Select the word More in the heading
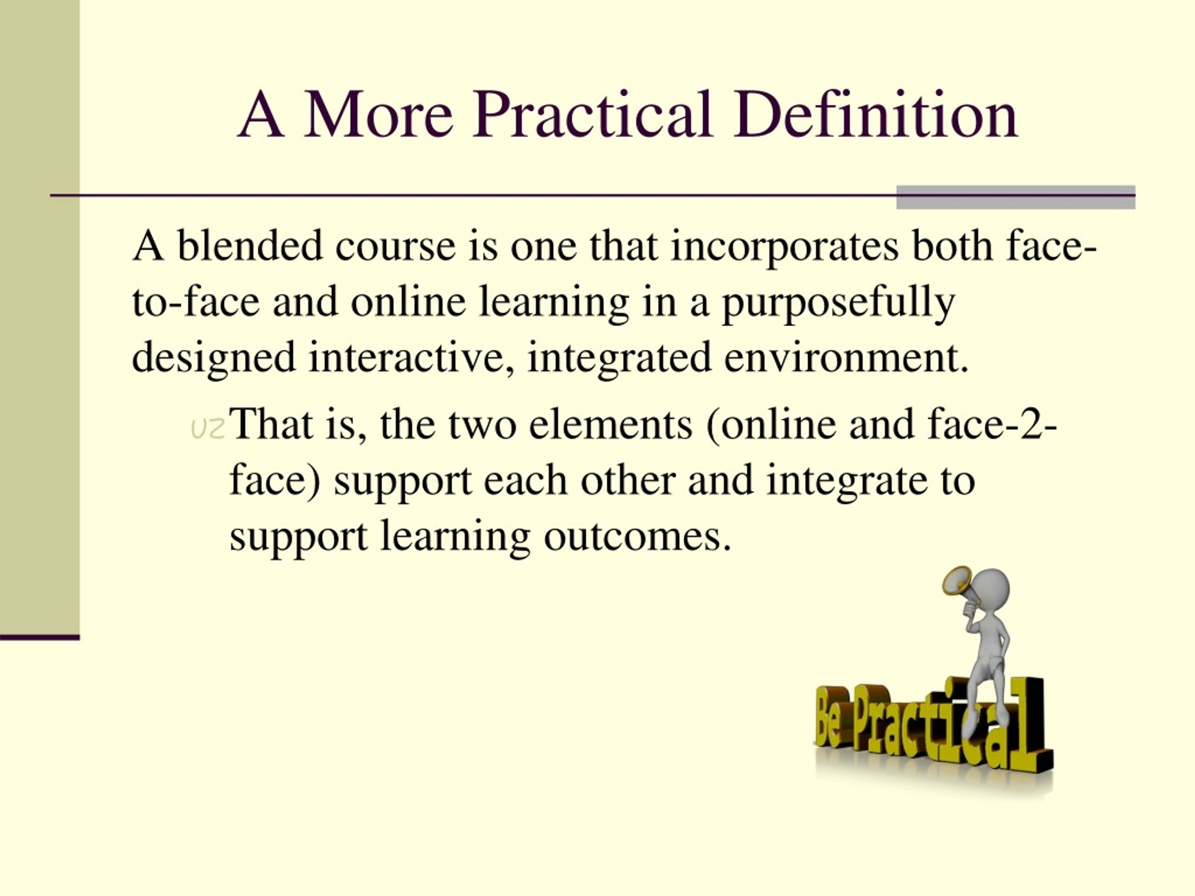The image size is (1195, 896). pos(378,116)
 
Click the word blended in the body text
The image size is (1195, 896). pos(250,246)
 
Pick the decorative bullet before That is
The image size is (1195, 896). pos(208,429)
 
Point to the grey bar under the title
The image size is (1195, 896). pos(1016,197)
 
